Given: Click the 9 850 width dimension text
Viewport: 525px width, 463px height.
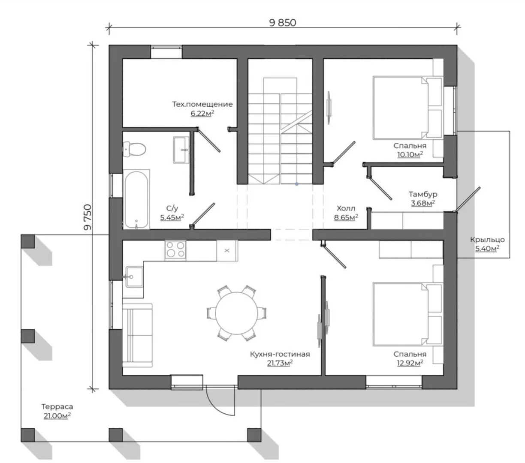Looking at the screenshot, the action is coord(283,23).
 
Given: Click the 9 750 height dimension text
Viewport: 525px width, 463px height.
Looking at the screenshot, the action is coord(87,217).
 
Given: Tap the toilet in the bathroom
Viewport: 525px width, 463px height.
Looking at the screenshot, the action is coord(134,150).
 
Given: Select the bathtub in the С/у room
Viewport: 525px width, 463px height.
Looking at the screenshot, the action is coord(136,199).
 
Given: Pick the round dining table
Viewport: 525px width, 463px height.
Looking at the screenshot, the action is coord(236,313).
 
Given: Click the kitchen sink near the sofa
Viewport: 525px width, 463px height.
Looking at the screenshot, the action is coord(134,277).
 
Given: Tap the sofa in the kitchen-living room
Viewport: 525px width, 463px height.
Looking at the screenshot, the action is coord(137,335).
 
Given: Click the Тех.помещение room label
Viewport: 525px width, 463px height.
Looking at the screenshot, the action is coord(202,105).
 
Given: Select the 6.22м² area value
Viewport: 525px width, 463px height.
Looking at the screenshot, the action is coord(202,113).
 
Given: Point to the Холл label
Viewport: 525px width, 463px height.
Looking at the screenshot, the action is coord(346,208).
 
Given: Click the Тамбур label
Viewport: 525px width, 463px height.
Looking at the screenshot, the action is coord(423,194).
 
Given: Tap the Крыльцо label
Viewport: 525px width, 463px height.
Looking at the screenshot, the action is coord(487,240).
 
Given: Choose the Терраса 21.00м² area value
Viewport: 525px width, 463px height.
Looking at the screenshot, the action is coord(57,416).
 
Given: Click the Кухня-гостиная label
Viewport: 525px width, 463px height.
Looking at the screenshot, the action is coord(280,354).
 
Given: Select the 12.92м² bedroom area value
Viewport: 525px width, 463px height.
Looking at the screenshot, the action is coord(410,363).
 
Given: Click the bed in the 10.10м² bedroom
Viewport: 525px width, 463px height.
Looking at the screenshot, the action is coord(407,108).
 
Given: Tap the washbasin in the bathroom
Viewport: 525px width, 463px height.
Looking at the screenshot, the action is coord(181,150).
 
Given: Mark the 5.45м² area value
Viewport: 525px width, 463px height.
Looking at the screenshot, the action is coord(172,217).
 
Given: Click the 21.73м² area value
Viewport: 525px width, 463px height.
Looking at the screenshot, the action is coord(280,363).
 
